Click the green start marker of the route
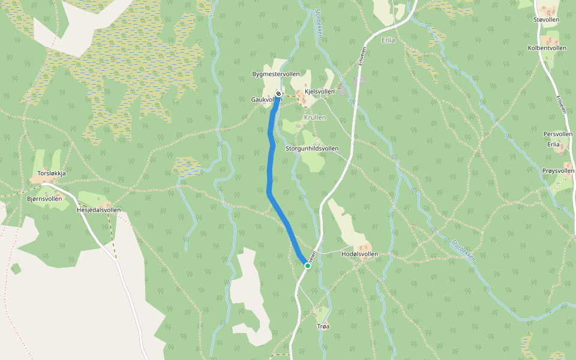pos(307,265)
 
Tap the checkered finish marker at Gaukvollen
pos(278,93)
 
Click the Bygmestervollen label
pos(276,74)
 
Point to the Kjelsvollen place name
pos(320,92)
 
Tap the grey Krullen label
pos(315,118)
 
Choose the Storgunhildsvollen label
pos(312,148)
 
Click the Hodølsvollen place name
pos(359,254)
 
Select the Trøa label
pos(323,326)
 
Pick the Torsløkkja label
pos(51,173)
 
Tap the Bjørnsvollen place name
pos(44,198)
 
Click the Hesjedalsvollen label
pos(99,210)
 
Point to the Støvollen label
pos(546,20)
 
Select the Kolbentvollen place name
pos(547,47)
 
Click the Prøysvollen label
pos(557,171)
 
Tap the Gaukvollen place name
pos(264,100)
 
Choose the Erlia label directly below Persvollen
pos(553,144)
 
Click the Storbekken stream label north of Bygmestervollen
pos(319,24)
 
